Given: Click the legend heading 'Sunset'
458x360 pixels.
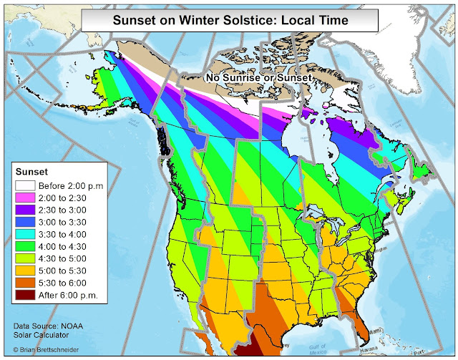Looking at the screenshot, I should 32,172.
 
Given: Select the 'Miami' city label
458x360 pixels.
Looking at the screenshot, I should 376,332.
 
